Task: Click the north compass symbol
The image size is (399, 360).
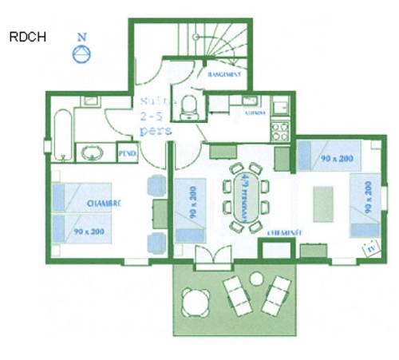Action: coord(81,53)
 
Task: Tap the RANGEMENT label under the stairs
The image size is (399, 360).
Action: coord(224,73)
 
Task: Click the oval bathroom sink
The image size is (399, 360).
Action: coord(95,151)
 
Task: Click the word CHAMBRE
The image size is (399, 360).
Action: coord(105,204)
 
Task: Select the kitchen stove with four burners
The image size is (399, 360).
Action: coord(279,128)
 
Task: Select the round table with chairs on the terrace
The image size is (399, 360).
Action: coord(196,302)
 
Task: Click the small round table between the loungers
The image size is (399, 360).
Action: coord(256,279)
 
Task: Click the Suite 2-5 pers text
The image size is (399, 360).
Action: coord(155,116)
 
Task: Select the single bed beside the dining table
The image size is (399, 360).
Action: coord(189,211)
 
